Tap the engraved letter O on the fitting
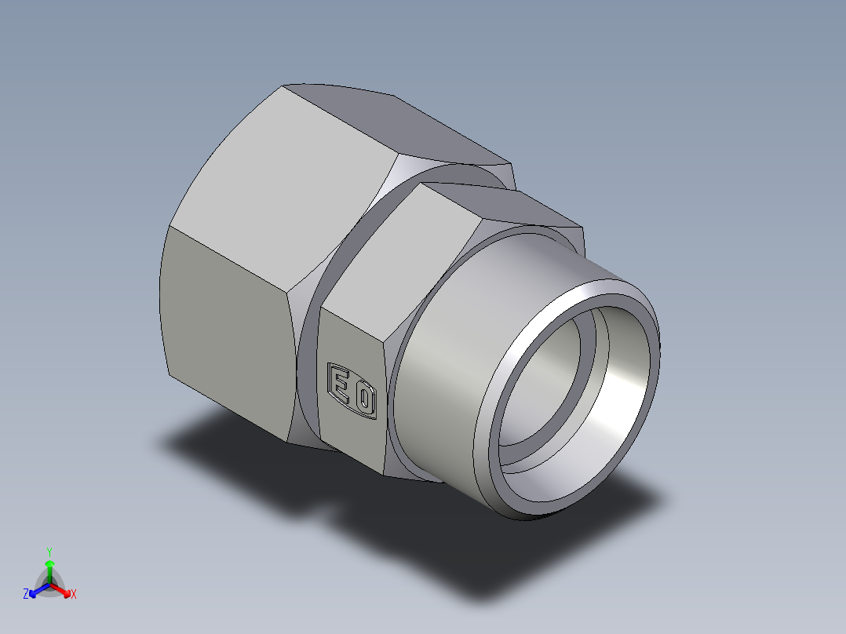click(363, 399)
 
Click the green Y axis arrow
click(49, 568)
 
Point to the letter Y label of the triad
click(49, 551)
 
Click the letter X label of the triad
click(74, 595)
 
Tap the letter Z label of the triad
click(26, 595)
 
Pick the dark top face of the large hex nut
click(392, 118)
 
